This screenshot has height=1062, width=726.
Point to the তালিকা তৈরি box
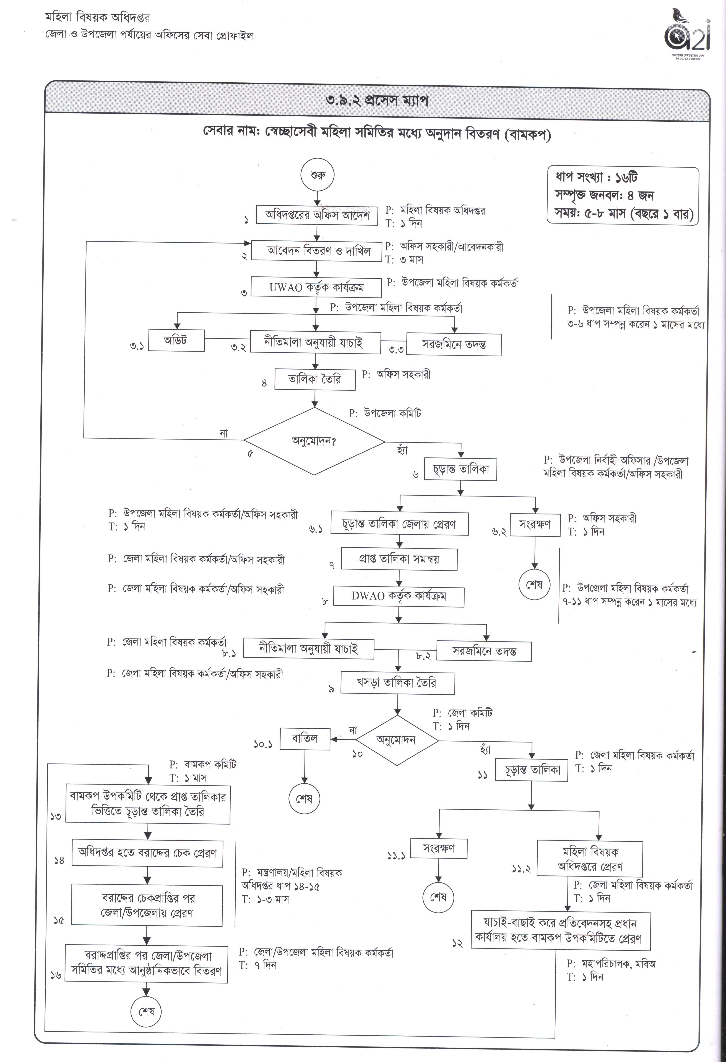coord(315,379)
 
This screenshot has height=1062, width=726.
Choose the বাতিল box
coord(305,738)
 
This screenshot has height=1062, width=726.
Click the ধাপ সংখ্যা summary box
coord(623,196)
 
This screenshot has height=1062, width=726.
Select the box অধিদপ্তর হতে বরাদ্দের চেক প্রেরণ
coord(147,853)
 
